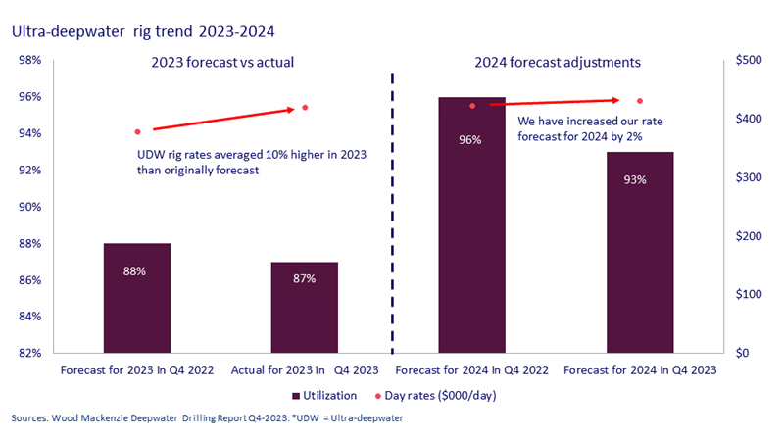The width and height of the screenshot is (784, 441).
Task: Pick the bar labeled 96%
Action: (471, 224)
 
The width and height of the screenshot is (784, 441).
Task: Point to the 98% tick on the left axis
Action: (29, 61)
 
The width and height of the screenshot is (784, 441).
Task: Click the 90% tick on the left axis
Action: (29, 207)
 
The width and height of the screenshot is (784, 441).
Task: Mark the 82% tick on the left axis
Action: (29, 353)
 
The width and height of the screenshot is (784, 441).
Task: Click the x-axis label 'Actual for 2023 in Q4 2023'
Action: (304, 371)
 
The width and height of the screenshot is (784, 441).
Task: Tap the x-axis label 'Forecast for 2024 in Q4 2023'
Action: (639, 371)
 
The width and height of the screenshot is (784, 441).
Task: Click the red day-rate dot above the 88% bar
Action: (137, 131)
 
